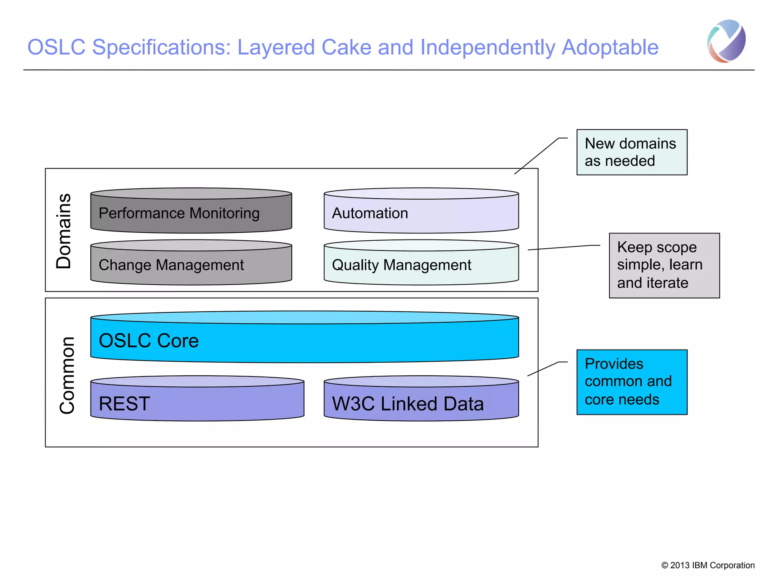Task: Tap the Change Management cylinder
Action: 191,264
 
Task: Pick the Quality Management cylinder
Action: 421,264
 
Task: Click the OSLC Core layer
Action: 304,340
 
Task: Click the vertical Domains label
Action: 64,231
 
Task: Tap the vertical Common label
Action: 68,375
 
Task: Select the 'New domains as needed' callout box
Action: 631,152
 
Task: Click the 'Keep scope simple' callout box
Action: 664,265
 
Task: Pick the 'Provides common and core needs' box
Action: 631,382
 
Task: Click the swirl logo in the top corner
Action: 726,41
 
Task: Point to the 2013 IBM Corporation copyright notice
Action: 707,565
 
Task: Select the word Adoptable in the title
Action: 610,48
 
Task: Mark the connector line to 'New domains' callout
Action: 536,156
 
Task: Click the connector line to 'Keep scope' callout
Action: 560,247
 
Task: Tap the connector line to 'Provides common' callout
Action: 543,369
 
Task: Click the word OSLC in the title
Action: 56,48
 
